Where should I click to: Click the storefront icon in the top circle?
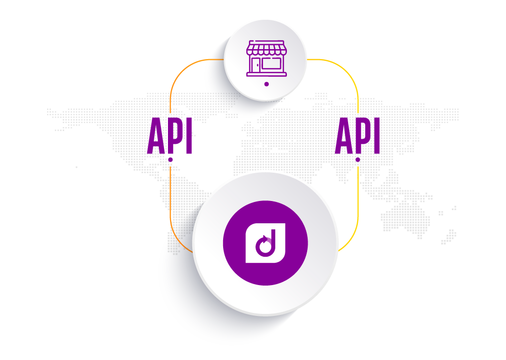(266, 59)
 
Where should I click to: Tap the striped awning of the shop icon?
(266, 50)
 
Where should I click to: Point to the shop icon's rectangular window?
(272, 64)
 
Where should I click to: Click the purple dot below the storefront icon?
(267, 84)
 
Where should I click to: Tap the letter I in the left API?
(188, 136)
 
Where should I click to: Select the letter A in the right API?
(343, 136)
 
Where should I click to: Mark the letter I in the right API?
(375, 136)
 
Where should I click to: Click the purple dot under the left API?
(171, 159)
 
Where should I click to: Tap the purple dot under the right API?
(358, 159)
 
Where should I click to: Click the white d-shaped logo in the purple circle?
(265, 243)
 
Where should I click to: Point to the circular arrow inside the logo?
(264, 247)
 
